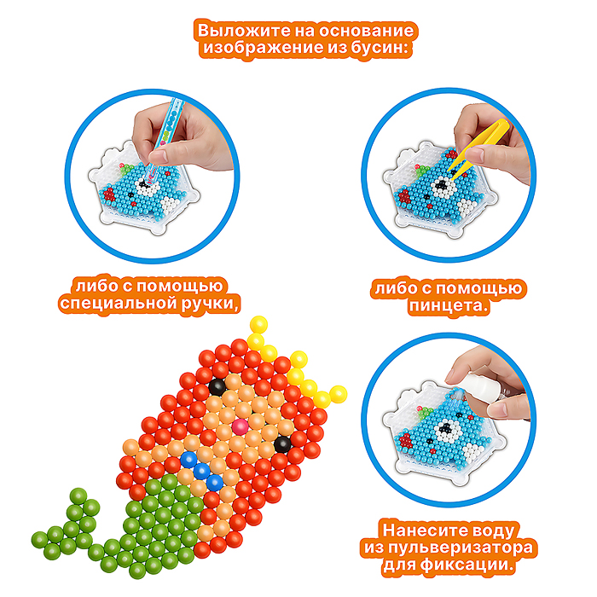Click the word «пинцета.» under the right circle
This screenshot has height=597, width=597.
[x=448, y=305]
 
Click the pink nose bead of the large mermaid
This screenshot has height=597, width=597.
[x=241, y=427]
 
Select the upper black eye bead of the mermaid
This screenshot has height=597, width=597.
[x=217, y=387]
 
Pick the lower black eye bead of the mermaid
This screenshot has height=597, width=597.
[x=282, y=444]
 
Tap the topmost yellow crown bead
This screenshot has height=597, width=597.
[x=259, y=325]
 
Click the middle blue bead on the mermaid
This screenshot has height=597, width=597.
[x=202, y=472]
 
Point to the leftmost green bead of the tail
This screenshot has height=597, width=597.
[x=39, y=540]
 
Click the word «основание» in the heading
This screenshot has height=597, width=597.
[x=366, y=31]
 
